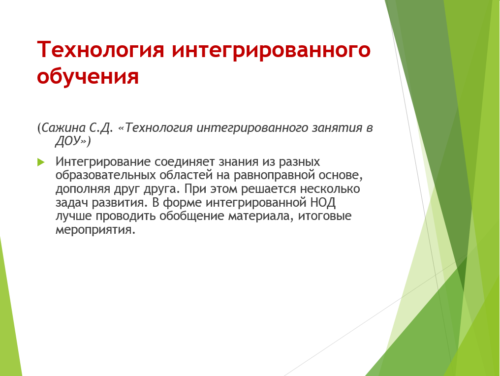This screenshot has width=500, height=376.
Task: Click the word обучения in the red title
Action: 88,76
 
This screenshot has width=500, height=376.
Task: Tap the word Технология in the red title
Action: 100,50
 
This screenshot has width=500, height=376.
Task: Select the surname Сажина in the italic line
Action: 63,128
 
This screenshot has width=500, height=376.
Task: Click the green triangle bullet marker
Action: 41,162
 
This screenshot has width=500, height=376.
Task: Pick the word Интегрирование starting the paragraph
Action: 103,162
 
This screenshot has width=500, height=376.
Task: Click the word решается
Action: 269,189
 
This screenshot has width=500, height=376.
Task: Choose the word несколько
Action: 330,189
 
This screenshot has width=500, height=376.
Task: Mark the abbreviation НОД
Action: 323,202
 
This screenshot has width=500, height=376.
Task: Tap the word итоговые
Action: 325,216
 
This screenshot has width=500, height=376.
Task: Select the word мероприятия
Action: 95,230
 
